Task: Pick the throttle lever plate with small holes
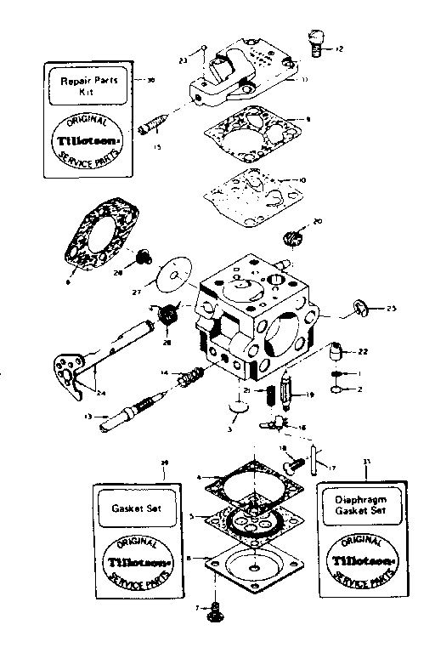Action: [61, 372]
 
